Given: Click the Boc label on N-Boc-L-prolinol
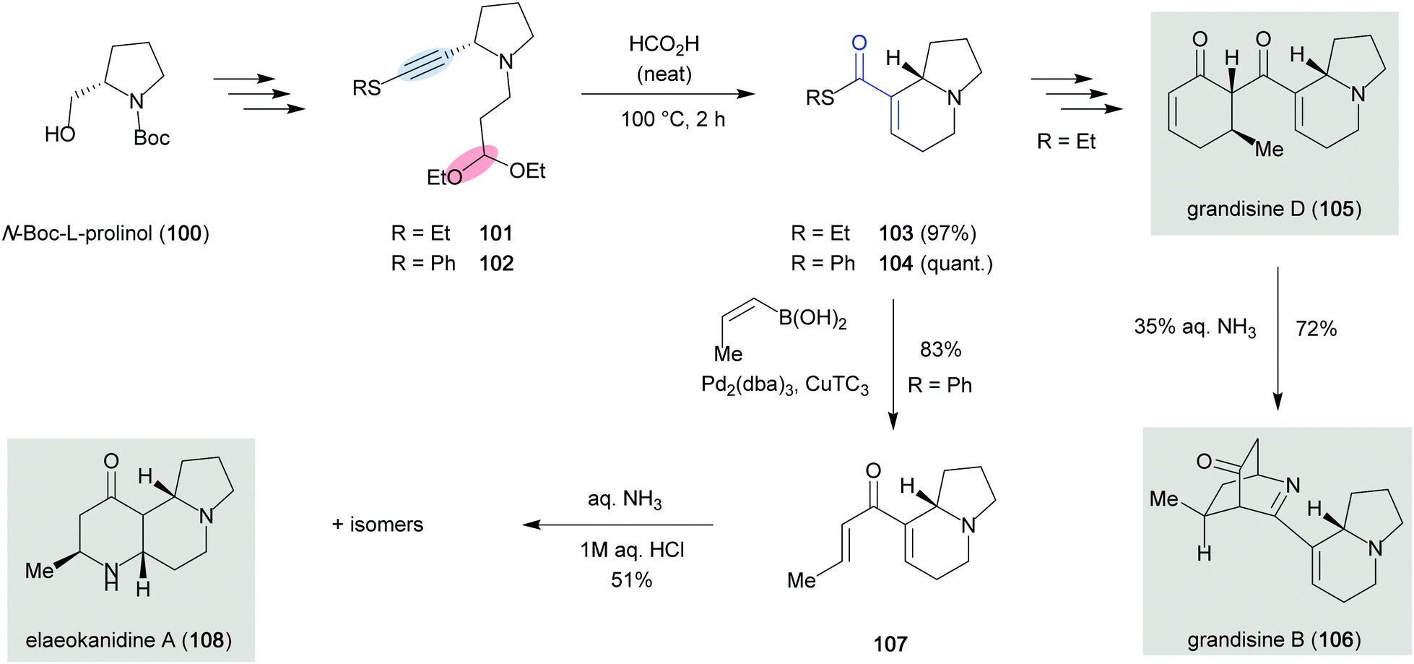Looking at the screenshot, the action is (x=152, y=137).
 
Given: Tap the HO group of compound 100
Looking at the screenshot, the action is (x=60, y=134).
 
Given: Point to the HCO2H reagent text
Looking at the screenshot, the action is (x=664, y=45).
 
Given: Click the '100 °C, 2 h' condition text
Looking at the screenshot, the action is (x=673, y=119).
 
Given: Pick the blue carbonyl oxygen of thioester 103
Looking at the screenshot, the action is (x=859, y=43).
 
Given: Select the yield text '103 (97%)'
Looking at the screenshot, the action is (x=927, y=233).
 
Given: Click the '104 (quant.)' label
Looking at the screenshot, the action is (x=936, y=264).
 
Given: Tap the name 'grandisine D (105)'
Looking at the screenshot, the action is (x=1274, y=209).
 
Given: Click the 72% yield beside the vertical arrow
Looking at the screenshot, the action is (x=1316, y=329).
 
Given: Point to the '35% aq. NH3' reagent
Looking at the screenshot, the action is (x=1195, y=327).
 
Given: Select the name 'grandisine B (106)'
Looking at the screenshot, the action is (x=1274, y=639).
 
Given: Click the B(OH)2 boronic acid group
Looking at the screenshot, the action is (x=812, y=319).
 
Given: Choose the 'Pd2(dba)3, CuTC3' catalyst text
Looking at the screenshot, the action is (x=785, y=385).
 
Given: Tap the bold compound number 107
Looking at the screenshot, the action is (x=890, y=644).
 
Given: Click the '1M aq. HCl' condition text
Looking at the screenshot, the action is (x=632, y=550).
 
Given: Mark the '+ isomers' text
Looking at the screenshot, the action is (x=378, y=525).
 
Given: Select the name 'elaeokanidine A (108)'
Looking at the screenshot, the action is (x=129, y=640).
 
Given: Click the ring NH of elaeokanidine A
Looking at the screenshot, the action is (x=110, y=577).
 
